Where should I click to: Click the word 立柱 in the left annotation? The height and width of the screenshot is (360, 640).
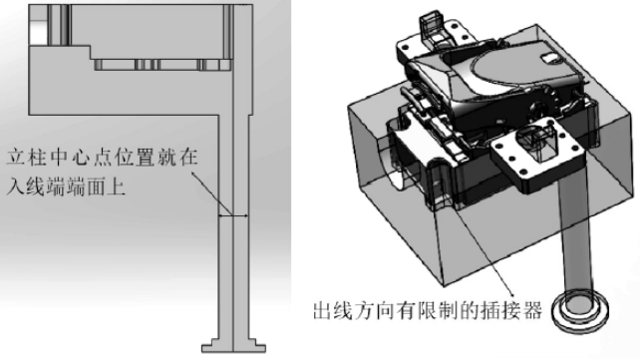(27, 158)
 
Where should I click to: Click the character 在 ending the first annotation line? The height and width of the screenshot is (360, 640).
(188, 158)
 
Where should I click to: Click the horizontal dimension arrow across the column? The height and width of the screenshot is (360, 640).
(233, 215)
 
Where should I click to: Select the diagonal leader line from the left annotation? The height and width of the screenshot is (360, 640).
(211, 193)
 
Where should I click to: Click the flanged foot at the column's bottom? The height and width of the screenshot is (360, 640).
(234, 345)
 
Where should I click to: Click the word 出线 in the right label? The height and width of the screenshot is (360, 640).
(332, 310)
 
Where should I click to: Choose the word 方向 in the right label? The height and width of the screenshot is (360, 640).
(374, 310)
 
